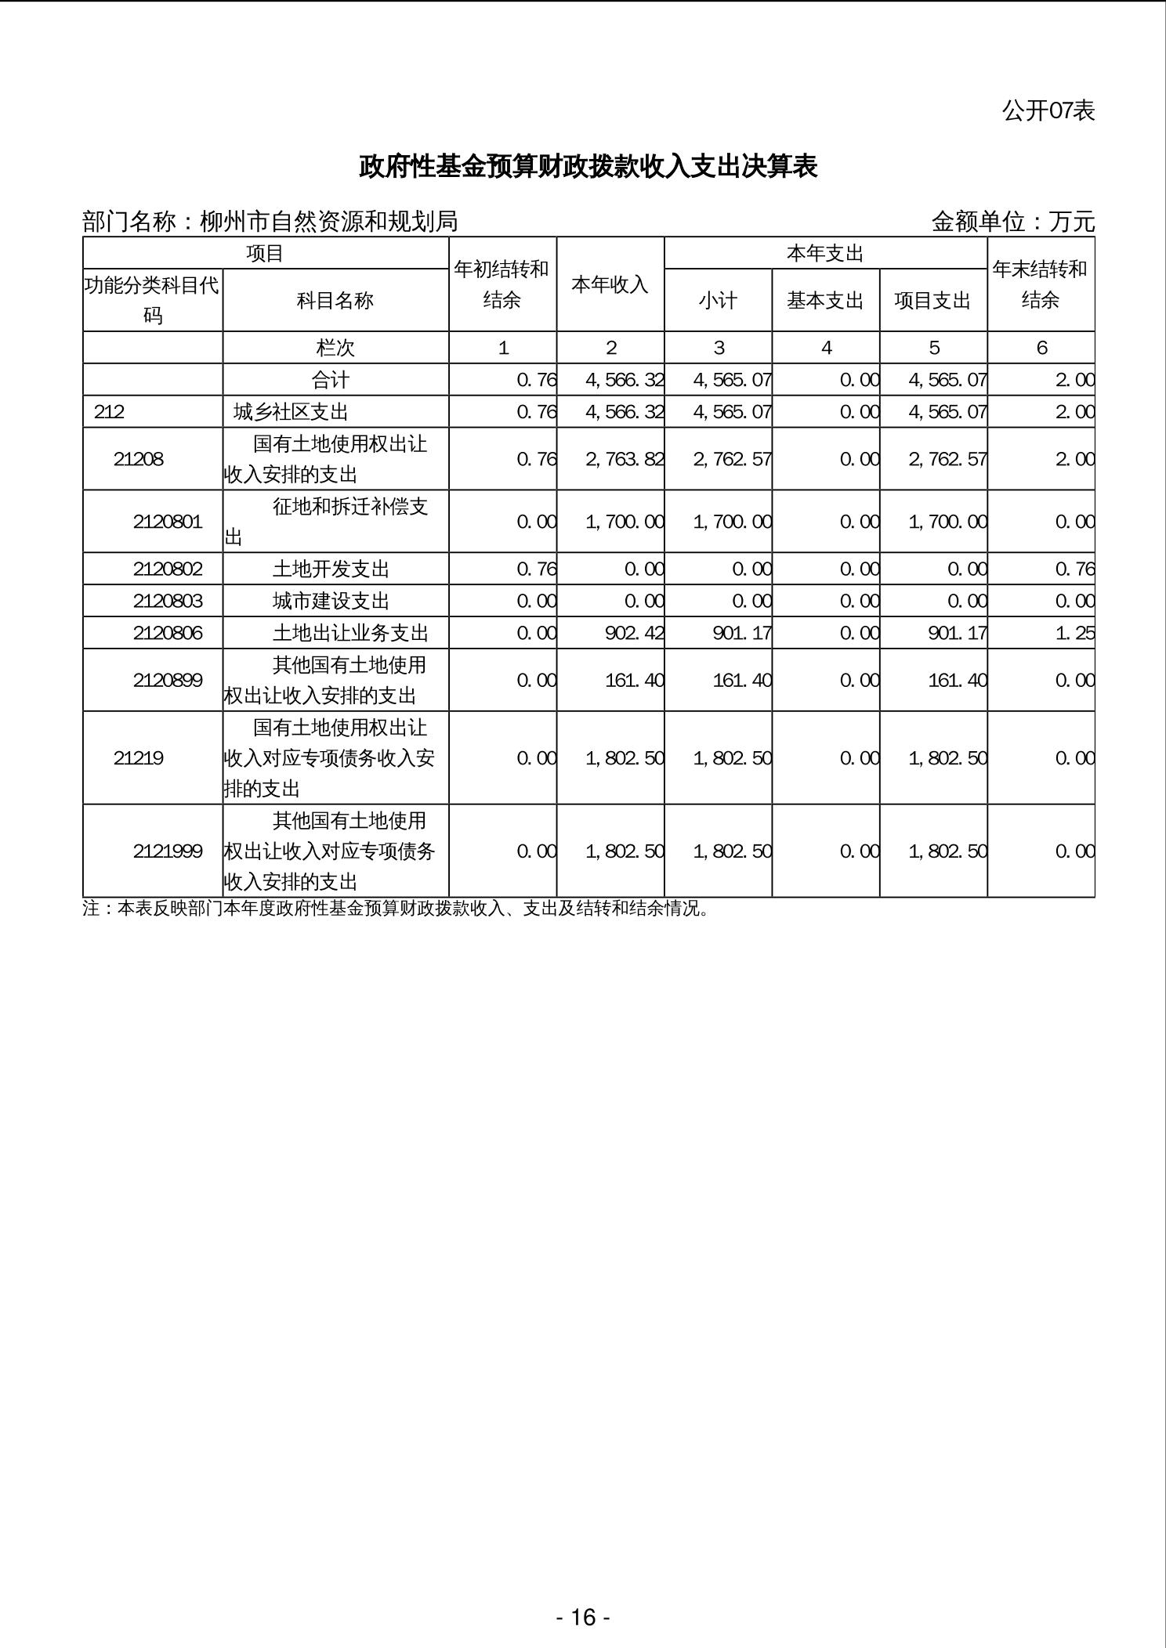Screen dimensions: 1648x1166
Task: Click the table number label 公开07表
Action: coord(1048,110)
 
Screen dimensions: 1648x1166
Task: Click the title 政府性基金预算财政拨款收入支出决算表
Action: coord(588,167)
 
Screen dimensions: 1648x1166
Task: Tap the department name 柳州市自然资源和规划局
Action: coord(328,222)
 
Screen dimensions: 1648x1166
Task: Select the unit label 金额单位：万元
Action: coord(1012,222)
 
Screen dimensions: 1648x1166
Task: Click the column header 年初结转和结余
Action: coord(502,284)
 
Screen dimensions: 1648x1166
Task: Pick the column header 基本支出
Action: coord(825,300)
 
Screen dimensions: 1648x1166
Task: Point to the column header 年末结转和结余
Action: coord(1040,284)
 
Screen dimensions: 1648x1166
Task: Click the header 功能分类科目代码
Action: coord(152,300)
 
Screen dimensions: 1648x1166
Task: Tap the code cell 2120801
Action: coord(168,522)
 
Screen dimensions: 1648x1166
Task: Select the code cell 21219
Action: coord(139,757)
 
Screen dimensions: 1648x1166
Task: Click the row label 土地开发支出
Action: coord(331,569)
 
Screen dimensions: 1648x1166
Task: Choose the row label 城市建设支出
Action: coord(331,601)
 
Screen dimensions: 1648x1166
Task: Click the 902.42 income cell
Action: coord(634,633)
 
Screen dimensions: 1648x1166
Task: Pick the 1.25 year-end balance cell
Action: coord(1074,633)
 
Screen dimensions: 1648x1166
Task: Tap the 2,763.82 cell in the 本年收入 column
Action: coord(625,459)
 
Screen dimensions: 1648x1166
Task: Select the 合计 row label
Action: coord(331,380)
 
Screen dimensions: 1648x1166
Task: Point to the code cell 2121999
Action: coord(168,851)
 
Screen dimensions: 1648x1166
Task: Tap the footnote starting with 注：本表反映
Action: coord(396,909)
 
